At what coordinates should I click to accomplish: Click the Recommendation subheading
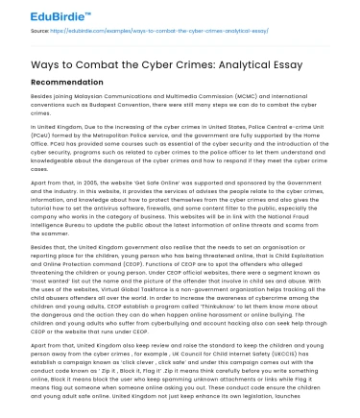pyautogui.click(x=60, y=85)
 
